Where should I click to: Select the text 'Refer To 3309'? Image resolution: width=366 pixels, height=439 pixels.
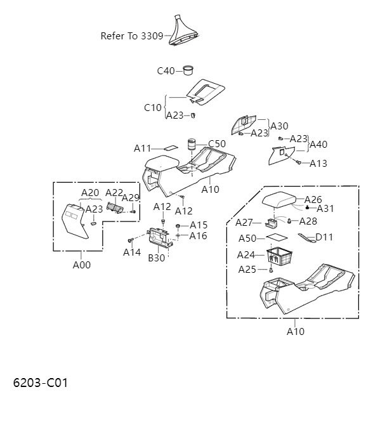click(x=131, y=36)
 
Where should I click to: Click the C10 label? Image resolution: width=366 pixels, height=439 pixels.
click(x=153, y=107)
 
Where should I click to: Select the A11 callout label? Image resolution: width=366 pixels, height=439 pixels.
click(x=142, y=148)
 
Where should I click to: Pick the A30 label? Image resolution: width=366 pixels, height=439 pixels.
click(x=279, y=126)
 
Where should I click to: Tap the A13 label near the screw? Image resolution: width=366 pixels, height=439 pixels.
click(x=318, y=164)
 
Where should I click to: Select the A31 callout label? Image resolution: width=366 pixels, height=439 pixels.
click(x=325, y=209)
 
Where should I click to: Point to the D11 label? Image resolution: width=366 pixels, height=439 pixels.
click(x=324, y=237)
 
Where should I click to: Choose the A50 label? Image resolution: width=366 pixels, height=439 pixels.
click(x=247, y=239)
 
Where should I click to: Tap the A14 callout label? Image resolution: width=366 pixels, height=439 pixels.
click(x=132, y=252)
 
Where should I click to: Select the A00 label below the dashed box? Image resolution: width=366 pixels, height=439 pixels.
click(x=81, y=265)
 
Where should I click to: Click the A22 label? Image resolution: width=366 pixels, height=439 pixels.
click(x=114, y=193)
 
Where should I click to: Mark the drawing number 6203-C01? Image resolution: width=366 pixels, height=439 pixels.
click(x=40, y=383)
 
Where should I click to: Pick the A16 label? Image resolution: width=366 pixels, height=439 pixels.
click(x=199, y=236)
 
